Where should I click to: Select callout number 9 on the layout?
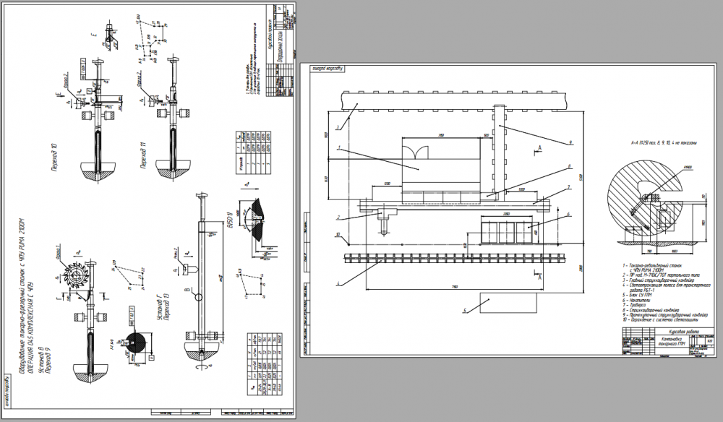[570, 142]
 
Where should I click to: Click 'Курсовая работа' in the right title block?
[669, 333]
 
